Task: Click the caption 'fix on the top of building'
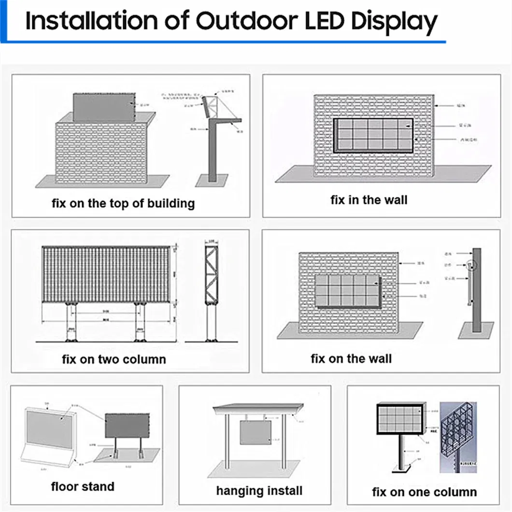pos(123,203)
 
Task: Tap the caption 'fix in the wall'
pos(369,199)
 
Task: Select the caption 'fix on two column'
pos(114,359)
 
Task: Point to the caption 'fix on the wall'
pos(351,359)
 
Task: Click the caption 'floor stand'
pos(83,486)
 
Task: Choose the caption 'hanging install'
pos(259,491)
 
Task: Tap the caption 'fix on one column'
pos(425,492)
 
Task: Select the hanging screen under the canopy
pos(256,432)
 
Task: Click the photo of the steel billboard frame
pos(458,437)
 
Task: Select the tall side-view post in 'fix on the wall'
pos(477,290)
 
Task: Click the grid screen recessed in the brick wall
pos(373,136)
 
